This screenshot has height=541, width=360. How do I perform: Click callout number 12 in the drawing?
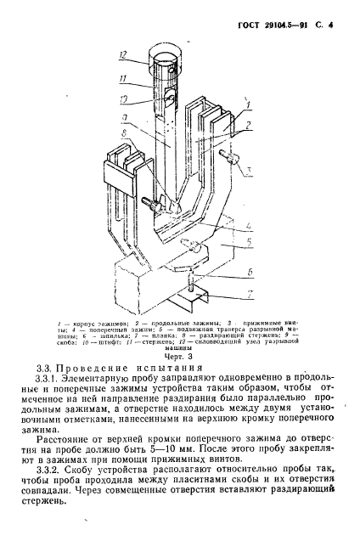pos(123,55)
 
